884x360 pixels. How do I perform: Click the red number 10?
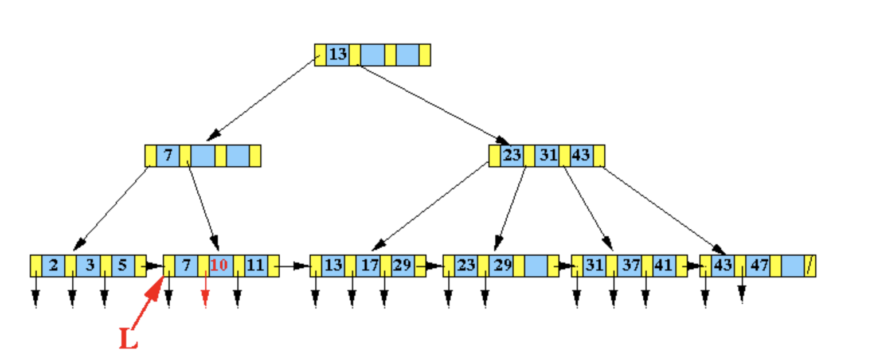218,265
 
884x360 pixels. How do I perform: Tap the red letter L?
128,339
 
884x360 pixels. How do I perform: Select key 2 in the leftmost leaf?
53,265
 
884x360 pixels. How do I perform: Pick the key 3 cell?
89,265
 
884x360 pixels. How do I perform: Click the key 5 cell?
123,265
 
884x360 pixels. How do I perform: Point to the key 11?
256,265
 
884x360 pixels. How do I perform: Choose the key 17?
367,265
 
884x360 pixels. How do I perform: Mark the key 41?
663,265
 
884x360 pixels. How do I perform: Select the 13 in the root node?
338,54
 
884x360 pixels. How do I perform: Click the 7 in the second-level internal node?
168,155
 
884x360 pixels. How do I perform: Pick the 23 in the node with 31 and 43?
511,155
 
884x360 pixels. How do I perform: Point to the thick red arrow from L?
150,301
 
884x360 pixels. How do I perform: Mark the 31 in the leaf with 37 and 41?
594,265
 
